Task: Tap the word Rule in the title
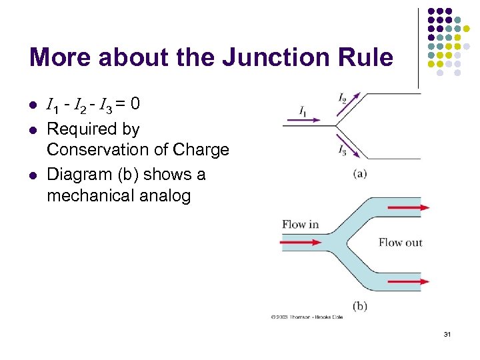click(365, 57)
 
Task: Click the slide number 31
click(447, 333)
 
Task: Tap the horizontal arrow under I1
click(302, 121)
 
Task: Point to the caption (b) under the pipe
click(359, 306)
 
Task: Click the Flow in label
click(300, 224)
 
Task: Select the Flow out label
click(400, 242)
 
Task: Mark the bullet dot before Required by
click(32, 129)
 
